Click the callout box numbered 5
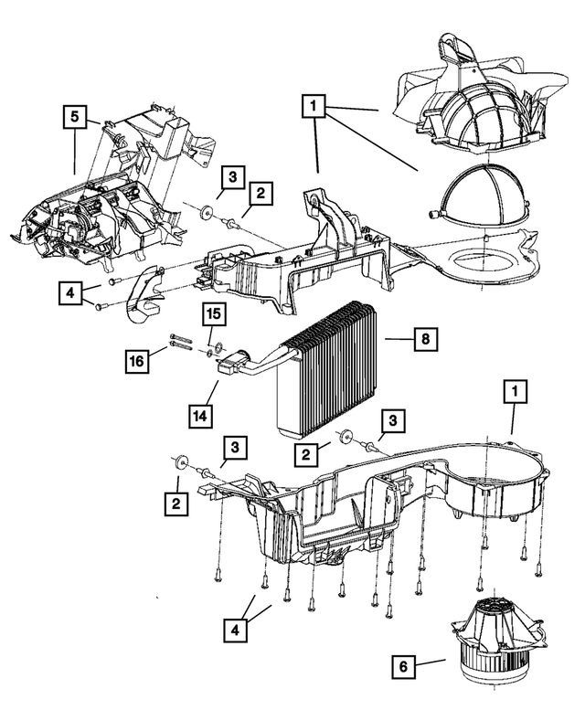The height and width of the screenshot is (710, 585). tap(75, 117)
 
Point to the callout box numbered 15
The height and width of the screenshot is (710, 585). tap(212, 314)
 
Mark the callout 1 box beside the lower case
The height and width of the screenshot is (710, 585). tap(517, 392)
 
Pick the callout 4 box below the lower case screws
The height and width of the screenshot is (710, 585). tap(239, 630)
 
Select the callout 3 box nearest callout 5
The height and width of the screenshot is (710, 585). tap(232, 176)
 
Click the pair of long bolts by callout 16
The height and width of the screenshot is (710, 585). tap(179, 345)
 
